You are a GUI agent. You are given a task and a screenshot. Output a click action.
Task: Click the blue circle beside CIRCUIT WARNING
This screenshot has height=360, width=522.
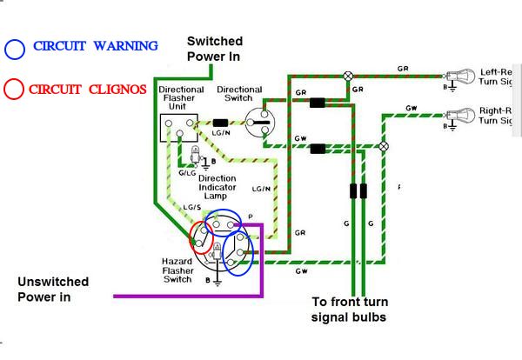pos(14,47)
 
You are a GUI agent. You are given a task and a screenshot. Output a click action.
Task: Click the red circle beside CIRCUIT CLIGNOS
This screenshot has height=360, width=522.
pos(14,88)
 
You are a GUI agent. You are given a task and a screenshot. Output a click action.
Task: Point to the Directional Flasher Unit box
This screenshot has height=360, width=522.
pos(179,127)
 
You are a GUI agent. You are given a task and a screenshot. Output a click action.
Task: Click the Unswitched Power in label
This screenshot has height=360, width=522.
pos(52,290)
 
